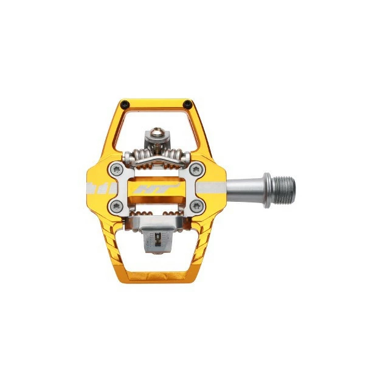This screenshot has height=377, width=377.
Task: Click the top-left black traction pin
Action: [x=125, y=104]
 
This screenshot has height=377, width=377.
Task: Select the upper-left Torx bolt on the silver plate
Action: [x=116, y=169]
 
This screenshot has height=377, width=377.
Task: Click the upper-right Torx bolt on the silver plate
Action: [x=196, y=169]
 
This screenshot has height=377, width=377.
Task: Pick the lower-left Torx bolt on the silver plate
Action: [x=116, y=206]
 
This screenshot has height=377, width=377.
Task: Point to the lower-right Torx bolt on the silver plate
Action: [x=196, y=206]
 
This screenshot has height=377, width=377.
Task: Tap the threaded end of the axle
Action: [x=285, y=188]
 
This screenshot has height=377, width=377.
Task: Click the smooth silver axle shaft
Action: [x=245, y=188]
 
